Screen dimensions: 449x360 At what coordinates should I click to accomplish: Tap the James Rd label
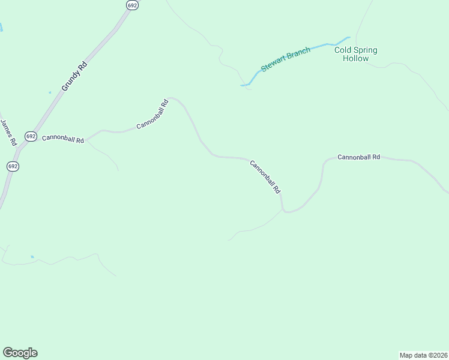click(x=7, y=133)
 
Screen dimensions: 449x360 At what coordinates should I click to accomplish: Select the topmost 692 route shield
click(x=132, y=5)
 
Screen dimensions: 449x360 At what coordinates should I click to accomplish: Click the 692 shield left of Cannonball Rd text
click(x=31, y=136)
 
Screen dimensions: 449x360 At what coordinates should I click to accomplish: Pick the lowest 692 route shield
click(x=13, y=166)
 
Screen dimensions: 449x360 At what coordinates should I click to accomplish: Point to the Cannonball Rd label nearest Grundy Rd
click(x=62, y=139)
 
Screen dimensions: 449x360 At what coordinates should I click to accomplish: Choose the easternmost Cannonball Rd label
click(x=358, y=157)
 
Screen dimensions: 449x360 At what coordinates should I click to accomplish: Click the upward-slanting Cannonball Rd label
click(x=152, y=114)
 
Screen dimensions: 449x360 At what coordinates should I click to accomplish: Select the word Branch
click(x=298, y=52)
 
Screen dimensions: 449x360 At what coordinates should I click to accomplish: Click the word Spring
click(x=366, y=50)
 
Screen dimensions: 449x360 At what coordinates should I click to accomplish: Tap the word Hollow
click(x=355, y=59)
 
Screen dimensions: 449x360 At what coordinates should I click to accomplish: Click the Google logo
click(x=20, y=353)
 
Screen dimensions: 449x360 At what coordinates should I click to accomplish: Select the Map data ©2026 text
click(x=423, y=355)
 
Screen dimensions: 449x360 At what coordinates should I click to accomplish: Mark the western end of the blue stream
click(x=242, y=85)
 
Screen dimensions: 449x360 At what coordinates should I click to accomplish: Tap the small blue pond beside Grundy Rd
click(x=50, y=92)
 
